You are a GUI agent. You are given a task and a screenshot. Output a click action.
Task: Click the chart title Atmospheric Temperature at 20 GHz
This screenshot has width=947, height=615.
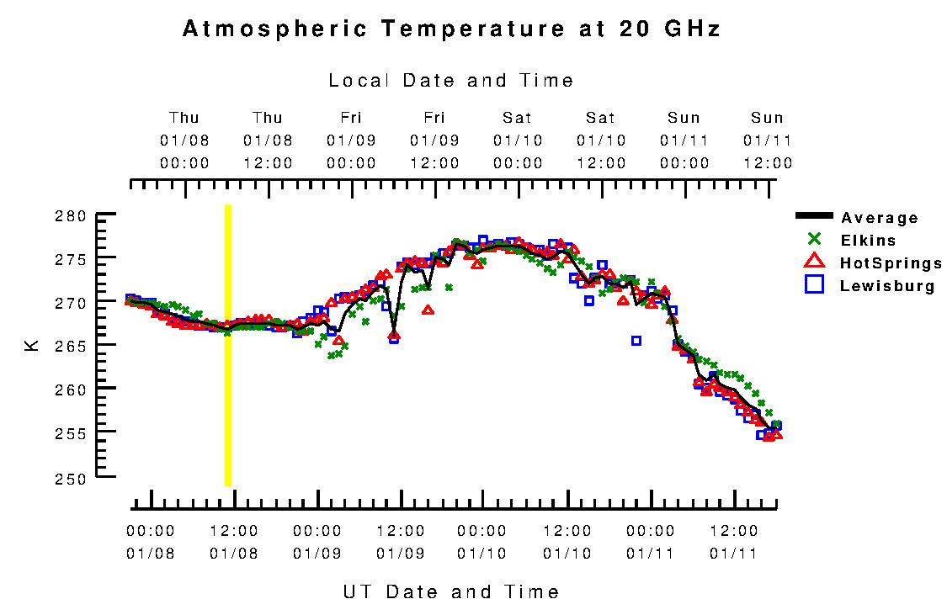(x=451, y=29)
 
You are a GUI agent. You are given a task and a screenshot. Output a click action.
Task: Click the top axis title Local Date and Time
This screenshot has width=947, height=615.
(x=450, y=81)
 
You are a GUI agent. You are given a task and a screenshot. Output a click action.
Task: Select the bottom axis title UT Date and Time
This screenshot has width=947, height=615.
(x=450, y=591)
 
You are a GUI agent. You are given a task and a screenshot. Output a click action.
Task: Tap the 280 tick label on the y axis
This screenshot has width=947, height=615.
(x=73, y=215)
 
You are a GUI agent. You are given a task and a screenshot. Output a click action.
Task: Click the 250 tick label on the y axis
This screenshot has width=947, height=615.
(x=73, y=477)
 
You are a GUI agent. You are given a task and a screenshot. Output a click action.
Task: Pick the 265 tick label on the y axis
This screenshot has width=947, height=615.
(x=73, y=346)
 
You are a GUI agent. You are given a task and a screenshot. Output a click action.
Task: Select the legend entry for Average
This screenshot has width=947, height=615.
(x=879, y=218)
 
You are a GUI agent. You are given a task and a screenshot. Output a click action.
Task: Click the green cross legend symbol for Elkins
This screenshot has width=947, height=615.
(x=814, y=240)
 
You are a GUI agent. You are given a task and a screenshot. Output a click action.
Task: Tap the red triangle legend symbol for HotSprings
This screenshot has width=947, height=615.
(x=814, y=262)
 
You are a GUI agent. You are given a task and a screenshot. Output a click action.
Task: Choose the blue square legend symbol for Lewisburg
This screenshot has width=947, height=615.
(x=814, y=284)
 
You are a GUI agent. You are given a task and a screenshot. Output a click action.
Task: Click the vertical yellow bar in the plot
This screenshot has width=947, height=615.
(x=227, y=345)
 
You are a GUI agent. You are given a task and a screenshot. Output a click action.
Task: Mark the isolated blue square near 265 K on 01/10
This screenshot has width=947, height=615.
(x=636, y=341)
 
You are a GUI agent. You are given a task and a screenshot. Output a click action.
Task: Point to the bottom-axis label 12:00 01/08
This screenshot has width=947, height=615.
(x=234, y=542)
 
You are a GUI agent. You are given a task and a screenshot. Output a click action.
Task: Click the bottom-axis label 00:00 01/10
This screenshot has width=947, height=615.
(x=482, y=542)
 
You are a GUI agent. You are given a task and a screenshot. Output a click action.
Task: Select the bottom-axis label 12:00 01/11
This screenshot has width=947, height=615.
(x=734, y=542)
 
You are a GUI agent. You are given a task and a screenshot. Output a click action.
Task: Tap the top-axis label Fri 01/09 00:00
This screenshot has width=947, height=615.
(x=351, y=140)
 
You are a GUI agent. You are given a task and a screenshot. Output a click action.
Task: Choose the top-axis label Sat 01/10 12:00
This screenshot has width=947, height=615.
(x=601, y=140)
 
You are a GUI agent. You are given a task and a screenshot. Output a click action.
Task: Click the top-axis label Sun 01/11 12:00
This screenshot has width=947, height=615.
(x=767, y=140)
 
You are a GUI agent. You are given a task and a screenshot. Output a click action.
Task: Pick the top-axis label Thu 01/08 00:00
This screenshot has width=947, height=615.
(x=184, y=140)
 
